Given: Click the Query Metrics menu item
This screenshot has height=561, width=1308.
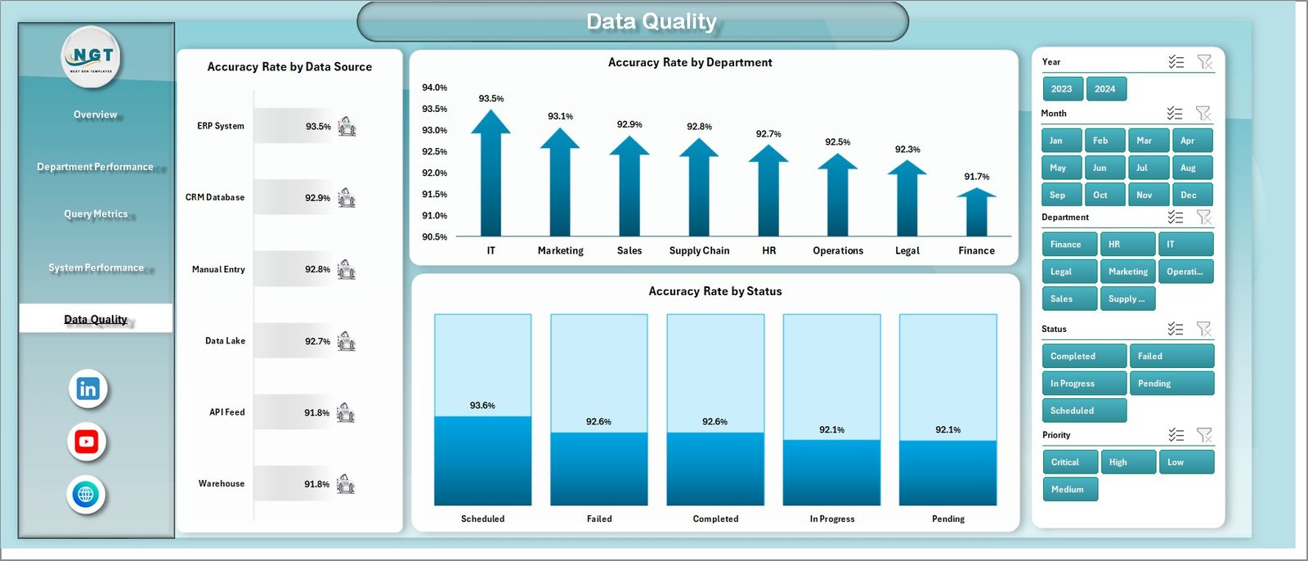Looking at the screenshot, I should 96,214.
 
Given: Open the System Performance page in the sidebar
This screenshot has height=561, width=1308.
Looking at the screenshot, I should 96,267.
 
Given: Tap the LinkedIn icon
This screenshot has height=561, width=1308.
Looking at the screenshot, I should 87,389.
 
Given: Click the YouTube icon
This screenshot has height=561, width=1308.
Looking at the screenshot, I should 87,442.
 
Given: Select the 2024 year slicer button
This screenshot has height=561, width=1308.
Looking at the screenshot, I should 1104,89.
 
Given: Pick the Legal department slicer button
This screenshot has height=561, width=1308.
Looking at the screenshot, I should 1068,272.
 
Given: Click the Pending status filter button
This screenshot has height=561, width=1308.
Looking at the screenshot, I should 1171,384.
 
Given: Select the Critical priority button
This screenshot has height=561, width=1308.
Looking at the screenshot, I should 1069,462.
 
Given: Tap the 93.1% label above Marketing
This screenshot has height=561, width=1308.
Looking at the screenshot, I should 560,116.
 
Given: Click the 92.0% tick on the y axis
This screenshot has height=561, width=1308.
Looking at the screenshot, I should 434,173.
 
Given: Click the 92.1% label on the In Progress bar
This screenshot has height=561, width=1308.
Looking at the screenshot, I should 831,429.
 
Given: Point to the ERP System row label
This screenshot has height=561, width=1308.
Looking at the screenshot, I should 220,126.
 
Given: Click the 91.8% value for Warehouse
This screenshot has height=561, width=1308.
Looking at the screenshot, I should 316,484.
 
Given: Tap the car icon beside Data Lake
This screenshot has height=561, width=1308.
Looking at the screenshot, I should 347,341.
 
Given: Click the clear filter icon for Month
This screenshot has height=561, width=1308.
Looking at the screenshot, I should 1203,113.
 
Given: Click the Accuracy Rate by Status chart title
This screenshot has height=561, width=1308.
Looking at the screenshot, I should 714,291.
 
